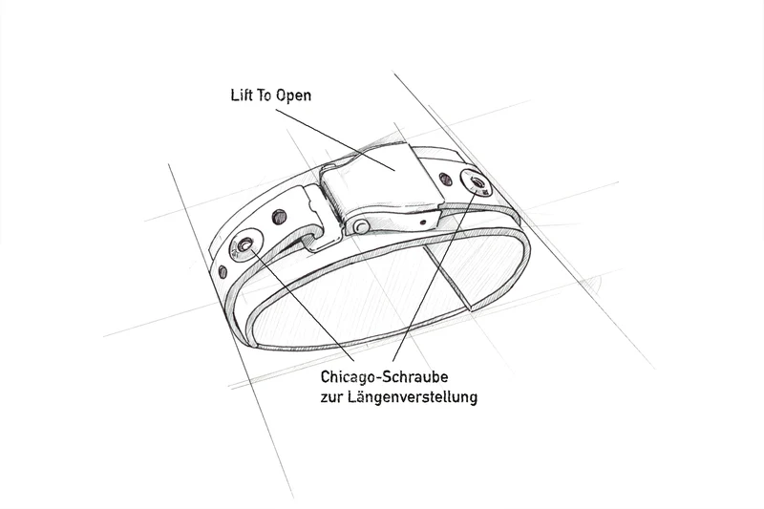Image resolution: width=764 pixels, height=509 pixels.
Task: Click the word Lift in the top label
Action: [x=242, y=95]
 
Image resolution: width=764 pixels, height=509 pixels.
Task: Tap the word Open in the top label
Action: [x=293, y=95]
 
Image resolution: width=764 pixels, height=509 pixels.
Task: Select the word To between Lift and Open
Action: [x=265, y=95]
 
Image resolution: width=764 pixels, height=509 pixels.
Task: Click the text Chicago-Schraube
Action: [x=385, y=377]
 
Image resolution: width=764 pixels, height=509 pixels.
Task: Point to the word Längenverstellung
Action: [x=413, y=397]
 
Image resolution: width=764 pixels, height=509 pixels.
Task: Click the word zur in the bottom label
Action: [x=331, y=398]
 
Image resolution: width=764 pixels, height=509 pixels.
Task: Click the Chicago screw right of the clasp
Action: [x=476, y=183]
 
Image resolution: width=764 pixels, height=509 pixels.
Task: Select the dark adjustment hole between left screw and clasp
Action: [x=279, y=216]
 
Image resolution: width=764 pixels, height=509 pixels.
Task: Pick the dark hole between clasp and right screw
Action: [x=445, y=180]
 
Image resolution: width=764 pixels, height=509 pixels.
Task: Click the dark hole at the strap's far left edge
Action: [x=223, y=272]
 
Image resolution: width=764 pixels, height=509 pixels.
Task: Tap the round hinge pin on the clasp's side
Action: [x=361, y=226]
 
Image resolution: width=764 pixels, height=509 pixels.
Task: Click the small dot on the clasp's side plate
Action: [x=422, y=223]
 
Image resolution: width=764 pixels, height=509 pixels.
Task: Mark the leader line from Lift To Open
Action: [x=335, y=139]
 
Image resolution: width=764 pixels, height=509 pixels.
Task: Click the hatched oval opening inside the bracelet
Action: [x=390, y=292]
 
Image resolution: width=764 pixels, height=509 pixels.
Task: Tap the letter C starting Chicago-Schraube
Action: [x=325, y=377]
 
